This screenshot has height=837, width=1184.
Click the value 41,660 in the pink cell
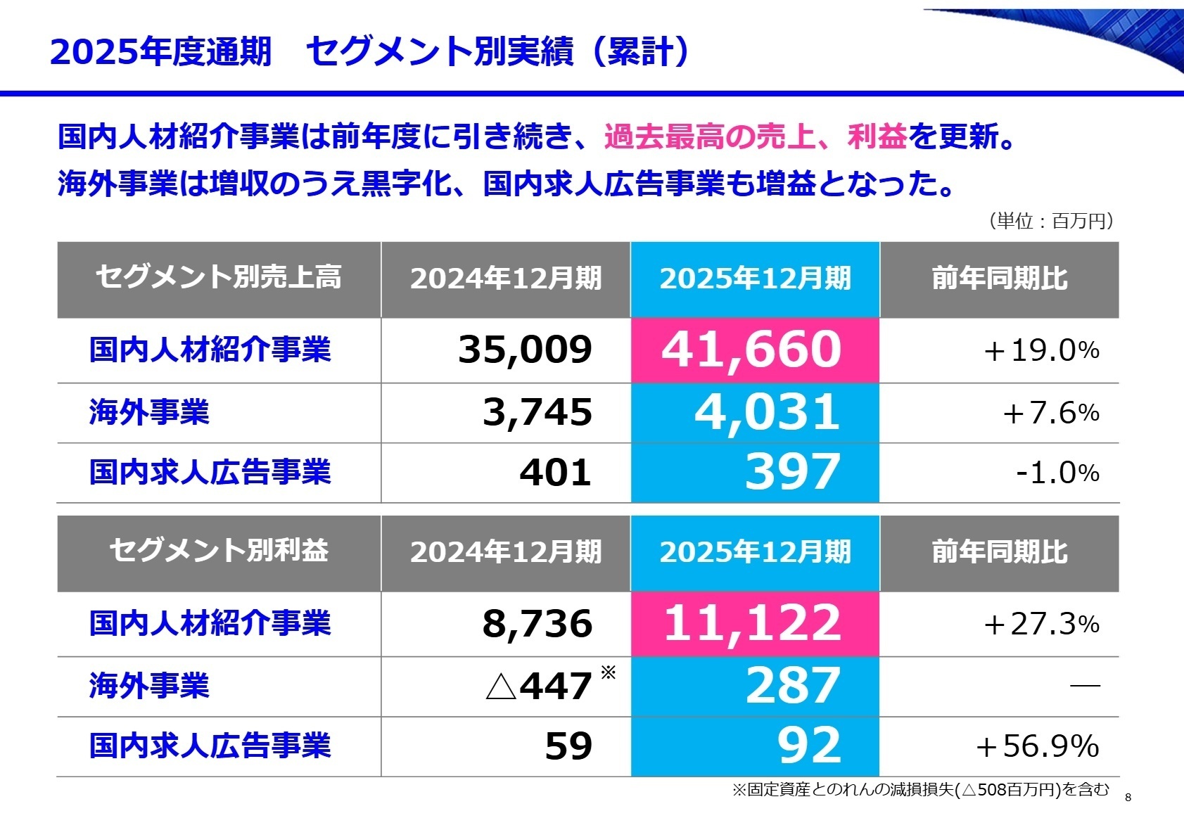coord(751,350)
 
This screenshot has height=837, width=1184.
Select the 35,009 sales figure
coord(525,350)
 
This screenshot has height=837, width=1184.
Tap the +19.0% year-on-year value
coord(1041,350)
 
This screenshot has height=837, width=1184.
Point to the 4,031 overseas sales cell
coord(767,413)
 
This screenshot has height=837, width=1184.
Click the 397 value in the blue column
coord(792,472)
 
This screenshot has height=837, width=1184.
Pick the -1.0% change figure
coord(1057,473)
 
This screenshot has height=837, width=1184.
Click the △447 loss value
coord(539,686)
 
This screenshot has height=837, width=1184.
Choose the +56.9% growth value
coord(1037,746)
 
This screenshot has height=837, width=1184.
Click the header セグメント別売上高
coord(218,278)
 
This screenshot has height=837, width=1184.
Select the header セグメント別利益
coord(218,551)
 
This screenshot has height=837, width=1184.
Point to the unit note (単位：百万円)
coord(1051,221)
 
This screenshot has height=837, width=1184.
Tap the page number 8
coord(1128,798)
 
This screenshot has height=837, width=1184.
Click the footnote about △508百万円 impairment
coord(920,790)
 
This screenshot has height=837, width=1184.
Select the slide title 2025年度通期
coord(160,52)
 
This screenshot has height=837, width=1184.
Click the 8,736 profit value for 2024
coord(537,624)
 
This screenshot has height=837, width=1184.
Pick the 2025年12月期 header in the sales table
coord(755,279)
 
